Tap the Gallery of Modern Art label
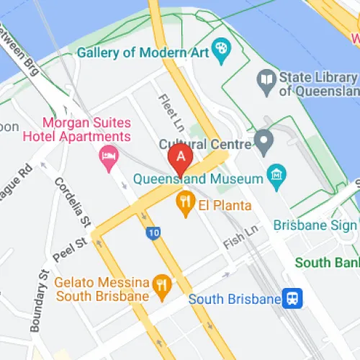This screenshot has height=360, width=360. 142,53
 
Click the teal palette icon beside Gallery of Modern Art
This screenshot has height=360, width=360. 221,51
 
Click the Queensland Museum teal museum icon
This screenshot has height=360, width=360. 275,174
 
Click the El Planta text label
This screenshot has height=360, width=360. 221,204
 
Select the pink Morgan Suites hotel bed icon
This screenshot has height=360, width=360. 109,156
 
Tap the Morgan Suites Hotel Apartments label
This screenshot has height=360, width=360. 87,130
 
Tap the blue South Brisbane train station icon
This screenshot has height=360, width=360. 292,297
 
